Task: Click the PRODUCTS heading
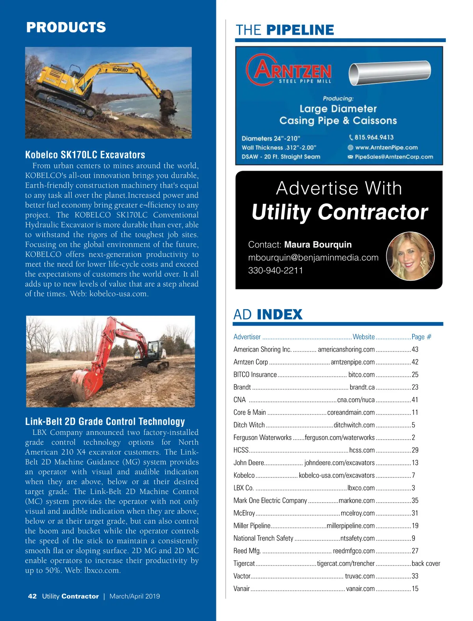click(66, 27)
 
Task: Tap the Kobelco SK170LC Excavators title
click(85, 155)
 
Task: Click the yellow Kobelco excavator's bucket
click(167, 98)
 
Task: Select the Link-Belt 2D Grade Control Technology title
click(105, 421)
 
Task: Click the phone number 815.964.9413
click(374, 137)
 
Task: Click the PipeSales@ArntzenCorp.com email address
click(393, 157)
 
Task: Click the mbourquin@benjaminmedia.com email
click(313, 257)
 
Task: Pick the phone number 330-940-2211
click(276, 270)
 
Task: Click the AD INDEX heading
click(268, 315)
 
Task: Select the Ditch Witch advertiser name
click(249, 425)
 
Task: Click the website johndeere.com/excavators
click(339, 463)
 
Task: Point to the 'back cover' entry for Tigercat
click(426, 563)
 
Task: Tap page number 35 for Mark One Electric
click(415, 500)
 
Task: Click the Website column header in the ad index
click(363, 337)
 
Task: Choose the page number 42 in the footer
click(32, 596)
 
